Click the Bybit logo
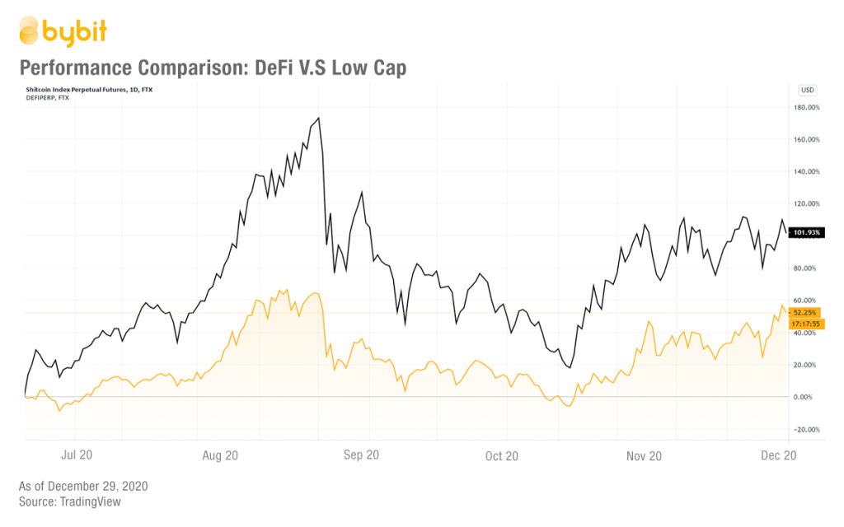tap(63, 32)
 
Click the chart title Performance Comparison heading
tap(213, 68)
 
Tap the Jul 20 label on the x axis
tap(76, 455)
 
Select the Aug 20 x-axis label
tap(221, 455)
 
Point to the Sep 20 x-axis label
tap(361, 455)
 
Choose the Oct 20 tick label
tap(502, 455)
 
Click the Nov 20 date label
tap(644, 455)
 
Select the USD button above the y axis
tap(808, 90)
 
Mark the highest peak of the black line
tap(319, 118)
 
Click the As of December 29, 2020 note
tap(82, 486)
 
